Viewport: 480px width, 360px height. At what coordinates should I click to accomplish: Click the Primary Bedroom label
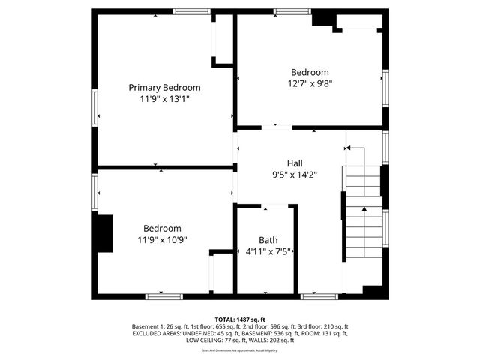[x=164, y=88]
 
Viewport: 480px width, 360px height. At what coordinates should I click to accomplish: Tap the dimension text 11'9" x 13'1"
[x=164, y=99]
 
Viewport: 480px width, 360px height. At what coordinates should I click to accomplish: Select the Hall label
[x=295, y=163]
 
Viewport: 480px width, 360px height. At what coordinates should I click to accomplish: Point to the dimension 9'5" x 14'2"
[x=295, y=175]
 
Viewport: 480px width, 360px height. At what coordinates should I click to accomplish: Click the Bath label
[x=268, y=240]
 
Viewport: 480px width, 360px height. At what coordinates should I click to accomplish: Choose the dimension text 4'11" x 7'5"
[x=268, y=252]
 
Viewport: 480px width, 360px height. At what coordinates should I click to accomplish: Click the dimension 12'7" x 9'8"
[x=310, y=84]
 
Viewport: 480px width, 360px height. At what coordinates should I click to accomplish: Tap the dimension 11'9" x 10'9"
[x=162, y=240]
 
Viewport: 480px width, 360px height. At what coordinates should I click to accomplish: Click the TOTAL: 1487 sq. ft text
[x=240, y=319]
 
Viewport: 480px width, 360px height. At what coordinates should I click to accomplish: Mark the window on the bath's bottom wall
[x=313, y=297]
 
